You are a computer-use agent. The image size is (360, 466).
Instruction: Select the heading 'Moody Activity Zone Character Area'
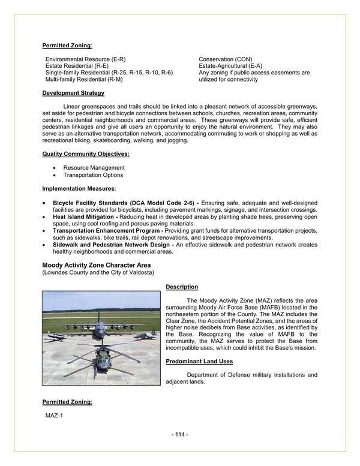tap(96, 264)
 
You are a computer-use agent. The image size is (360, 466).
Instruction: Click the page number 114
tap(180, 434)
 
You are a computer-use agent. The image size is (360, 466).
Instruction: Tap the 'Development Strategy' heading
tap(73, 93)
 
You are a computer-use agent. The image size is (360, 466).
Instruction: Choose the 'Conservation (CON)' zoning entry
tap(225, 59)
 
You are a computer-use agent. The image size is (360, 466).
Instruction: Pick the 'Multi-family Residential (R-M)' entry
tap(84, 79)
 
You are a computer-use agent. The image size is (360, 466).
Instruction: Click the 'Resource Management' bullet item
tap(94, 167)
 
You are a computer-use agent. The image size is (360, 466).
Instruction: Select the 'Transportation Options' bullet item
tap(93, 175)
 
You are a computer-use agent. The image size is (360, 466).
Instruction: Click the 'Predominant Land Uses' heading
tap(199, 361)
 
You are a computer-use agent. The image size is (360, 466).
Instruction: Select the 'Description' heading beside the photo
tap(182, 287)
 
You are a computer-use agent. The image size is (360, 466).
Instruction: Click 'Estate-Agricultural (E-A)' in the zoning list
tap(230, 65)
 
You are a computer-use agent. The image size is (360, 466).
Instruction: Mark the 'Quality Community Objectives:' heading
tap(86, 154)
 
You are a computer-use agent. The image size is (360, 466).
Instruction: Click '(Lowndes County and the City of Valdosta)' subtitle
tap(98, 272)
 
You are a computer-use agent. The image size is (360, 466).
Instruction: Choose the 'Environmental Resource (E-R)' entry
tap(85, 59)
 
